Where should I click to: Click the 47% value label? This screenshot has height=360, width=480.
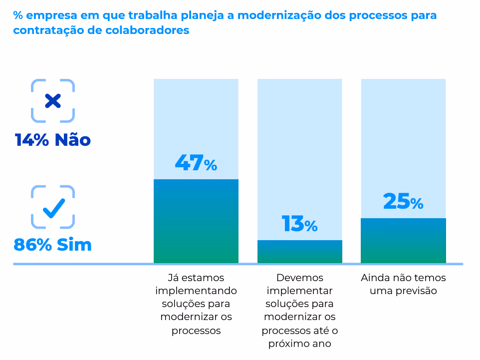click(x=196, y=164)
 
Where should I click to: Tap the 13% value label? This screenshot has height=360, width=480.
click(x=299, y=224)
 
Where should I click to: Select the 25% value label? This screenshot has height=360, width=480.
click(x=403, y=202)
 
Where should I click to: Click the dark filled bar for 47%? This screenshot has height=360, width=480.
click(x=196, y=221)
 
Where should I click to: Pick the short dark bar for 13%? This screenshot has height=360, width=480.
click(x=299, y=252)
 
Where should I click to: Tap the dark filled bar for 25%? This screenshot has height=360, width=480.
click(x=403, y=240)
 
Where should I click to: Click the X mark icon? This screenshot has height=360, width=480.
click(x=53, y=101)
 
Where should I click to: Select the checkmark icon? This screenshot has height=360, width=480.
click(x=53, y=207)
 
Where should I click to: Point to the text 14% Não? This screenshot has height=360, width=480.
click(x=53, y=140)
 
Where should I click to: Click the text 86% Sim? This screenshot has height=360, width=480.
click(x=53, y=245)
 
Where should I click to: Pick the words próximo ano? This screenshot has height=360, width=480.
click(x=299, y=344)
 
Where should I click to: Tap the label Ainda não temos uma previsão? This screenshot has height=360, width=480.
click(x=403, y=284)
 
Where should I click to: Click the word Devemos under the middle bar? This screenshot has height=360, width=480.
click(x=299, y=278)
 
